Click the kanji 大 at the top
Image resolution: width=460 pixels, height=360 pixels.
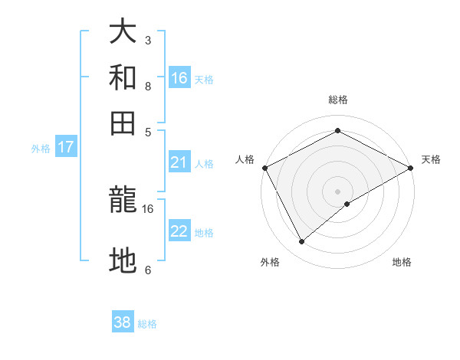(123, 33)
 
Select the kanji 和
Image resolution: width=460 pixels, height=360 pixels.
(123, 78)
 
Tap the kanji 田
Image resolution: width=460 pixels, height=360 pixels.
(123, 123)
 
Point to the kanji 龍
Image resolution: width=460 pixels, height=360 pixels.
(123, 200)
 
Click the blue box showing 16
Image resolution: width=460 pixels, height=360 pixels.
(179, 78)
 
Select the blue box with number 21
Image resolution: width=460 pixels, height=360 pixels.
(179, 162)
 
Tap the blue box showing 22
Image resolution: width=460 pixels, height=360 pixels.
(179, 232)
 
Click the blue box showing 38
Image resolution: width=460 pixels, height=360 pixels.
(123, 322)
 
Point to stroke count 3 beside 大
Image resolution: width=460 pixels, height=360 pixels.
(148, 40)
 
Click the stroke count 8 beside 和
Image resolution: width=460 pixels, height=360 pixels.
(148, 87)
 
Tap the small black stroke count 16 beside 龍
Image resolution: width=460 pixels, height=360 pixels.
(148, 208)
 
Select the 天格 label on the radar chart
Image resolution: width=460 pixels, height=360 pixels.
(431, 159)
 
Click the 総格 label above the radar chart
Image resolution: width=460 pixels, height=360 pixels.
(338, 100)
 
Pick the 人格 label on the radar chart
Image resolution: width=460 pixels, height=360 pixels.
(245, 159)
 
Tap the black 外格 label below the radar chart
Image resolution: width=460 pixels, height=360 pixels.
(270, 262)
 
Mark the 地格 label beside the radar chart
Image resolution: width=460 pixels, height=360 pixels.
(402, 262)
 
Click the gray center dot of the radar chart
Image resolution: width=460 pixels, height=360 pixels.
(338, 190)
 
